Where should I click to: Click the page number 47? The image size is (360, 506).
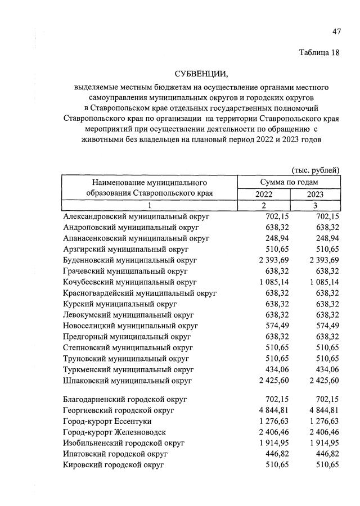click(336, 31)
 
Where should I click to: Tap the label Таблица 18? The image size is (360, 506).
click(319, 53)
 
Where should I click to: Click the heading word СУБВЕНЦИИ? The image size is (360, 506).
click(201, 74)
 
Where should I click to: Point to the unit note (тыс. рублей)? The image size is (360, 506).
click(315, 170)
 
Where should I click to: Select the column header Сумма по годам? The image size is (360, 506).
click(289, 182)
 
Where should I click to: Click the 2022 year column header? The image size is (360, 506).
click(264, 194)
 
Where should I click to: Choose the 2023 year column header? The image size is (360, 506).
click(315, 194)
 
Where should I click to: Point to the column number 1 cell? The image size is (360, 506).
click(150, 205)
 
